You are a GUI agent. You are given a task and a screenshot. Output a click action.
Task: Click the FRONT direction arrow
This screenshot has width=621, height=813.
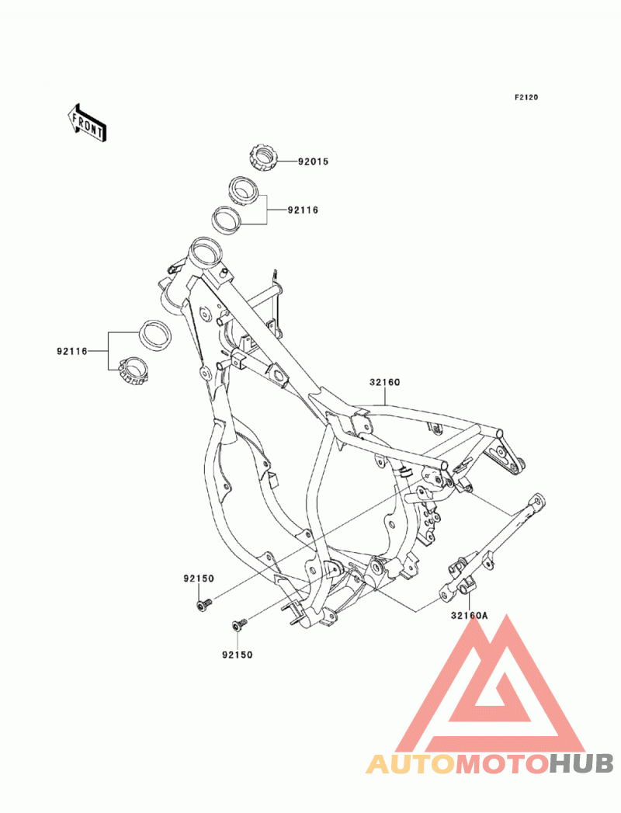coord(87,123)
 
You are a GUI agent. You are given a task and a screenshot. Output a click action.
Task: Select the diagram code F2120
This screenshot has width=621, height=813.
coord(526,97)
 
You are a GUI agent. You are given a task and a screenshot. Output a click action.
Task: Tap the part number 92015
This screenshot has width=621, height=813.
coord(313,162)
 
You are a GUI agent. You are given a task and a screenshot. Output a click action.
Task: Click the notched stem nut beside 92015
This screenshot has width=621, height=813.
coord(264,157)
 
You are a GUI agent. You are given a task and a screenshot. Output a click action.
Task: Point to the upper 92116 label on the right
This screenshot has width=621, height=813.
coord(304,210)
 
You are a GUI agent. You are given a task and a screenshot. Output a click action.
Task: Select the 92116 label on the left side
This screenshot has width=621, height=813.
coord(72,351)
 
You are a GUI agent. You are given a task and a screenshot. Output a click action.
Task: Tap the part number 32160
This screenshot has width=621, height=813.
coord(384,383)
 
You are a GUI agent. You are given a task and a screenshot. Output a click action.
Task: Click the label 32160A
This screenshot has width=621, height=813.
coord(470,616)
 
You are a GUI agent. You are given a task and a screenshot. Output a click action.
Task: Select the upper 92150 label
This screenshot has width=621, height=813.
coord(199,578)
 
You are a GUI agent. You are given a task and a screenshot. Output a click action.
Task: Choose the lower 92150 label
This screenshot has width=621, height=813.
coord(238,655)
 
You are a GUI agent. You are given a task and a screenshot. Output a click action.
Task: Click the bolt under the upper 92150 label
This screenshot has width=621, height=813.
coord(204,605)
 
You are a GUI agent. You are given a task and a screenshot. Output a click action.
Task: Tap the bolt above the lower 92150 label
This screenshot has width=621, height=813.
coord(239,625)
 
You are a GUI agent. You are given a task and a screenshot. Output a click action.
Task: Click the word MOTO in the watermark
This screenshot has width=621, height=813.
coord(504,764)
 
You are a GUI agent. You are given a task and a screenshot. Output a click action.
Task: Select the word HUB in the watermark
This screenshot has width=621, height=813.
coord(581,764)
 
